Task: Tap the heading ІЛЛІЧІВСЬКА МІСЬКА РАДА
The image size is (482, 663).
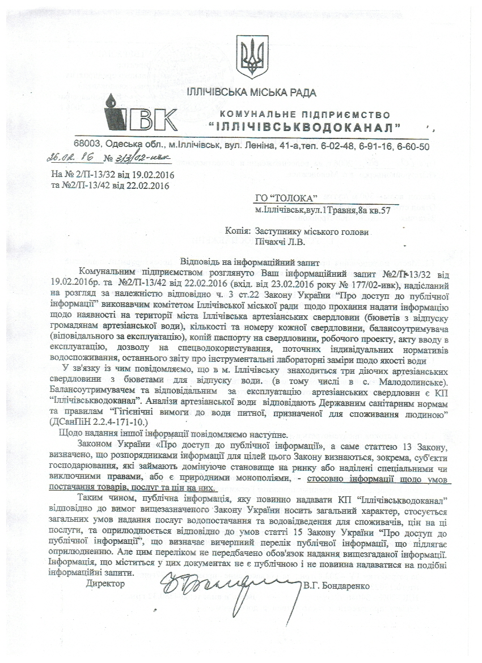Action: point(251,92)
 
